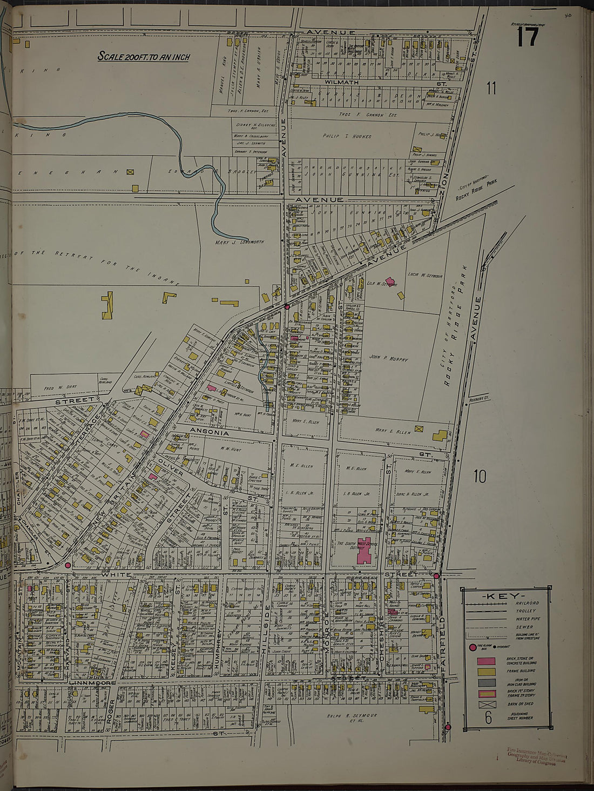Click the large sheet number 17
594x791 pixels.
pos(528,37)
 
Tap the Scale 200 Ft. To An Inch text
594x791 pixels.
pos(144,56)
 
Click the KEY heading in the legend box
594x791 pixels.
pos(506,595)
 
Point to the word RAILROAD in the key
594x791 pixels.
pos(527,603)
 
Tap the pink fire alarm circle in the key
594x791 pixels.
pos(473,647)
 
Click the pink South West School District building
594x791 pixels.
pos(364,551)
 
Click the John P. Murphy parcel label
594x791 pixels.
pos(389,358)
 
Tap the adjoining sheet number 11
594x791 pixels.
pos(491,88)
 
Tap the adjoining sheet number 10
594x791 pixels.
pos(480,477)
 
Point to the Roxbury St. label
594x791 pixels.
pos(478,400)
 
